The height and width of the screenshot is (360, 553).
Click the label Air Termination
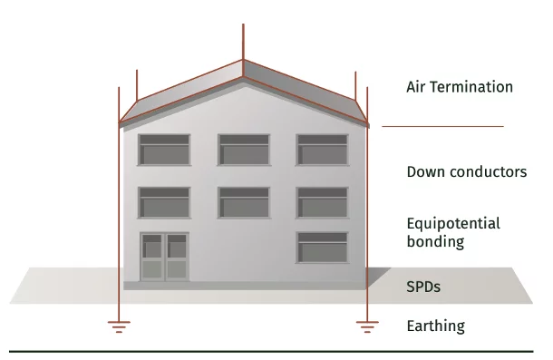[460, 88]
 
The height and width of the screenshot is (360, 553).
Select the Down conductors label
[466, 171]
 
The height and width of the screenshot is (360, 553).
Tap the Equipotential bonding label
[453, 232]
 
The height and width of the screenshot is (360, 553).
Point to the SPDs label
[423, 287]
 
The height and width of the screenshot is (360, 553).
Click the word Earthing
[435, 326]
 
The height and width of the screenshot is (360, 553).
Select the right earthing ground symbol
[366, 325]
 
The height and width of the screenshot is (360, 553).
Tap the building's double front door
[164, 256]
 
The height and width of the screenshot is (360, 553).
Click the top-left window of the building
[164, 150]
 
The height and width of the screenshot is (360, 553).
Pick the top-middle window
[243, 150]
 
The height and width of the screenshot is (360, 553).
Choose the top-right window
[322, 150]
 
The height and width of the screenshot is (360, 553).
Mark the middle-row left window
[164, 202]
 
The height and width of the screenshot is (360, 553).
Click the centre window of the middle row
[243, 202]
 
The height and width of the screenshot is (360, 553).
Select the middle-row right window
[322, 202]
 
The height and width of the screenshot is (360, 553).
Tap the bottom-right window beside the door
[322, 247]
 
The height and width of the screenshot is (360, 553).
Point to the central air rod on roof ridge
[244, 41]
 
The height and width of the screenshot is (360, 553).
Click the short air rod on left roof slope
[136, 85]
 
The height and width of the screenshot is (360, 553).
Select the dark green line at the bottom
[272, 350]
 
